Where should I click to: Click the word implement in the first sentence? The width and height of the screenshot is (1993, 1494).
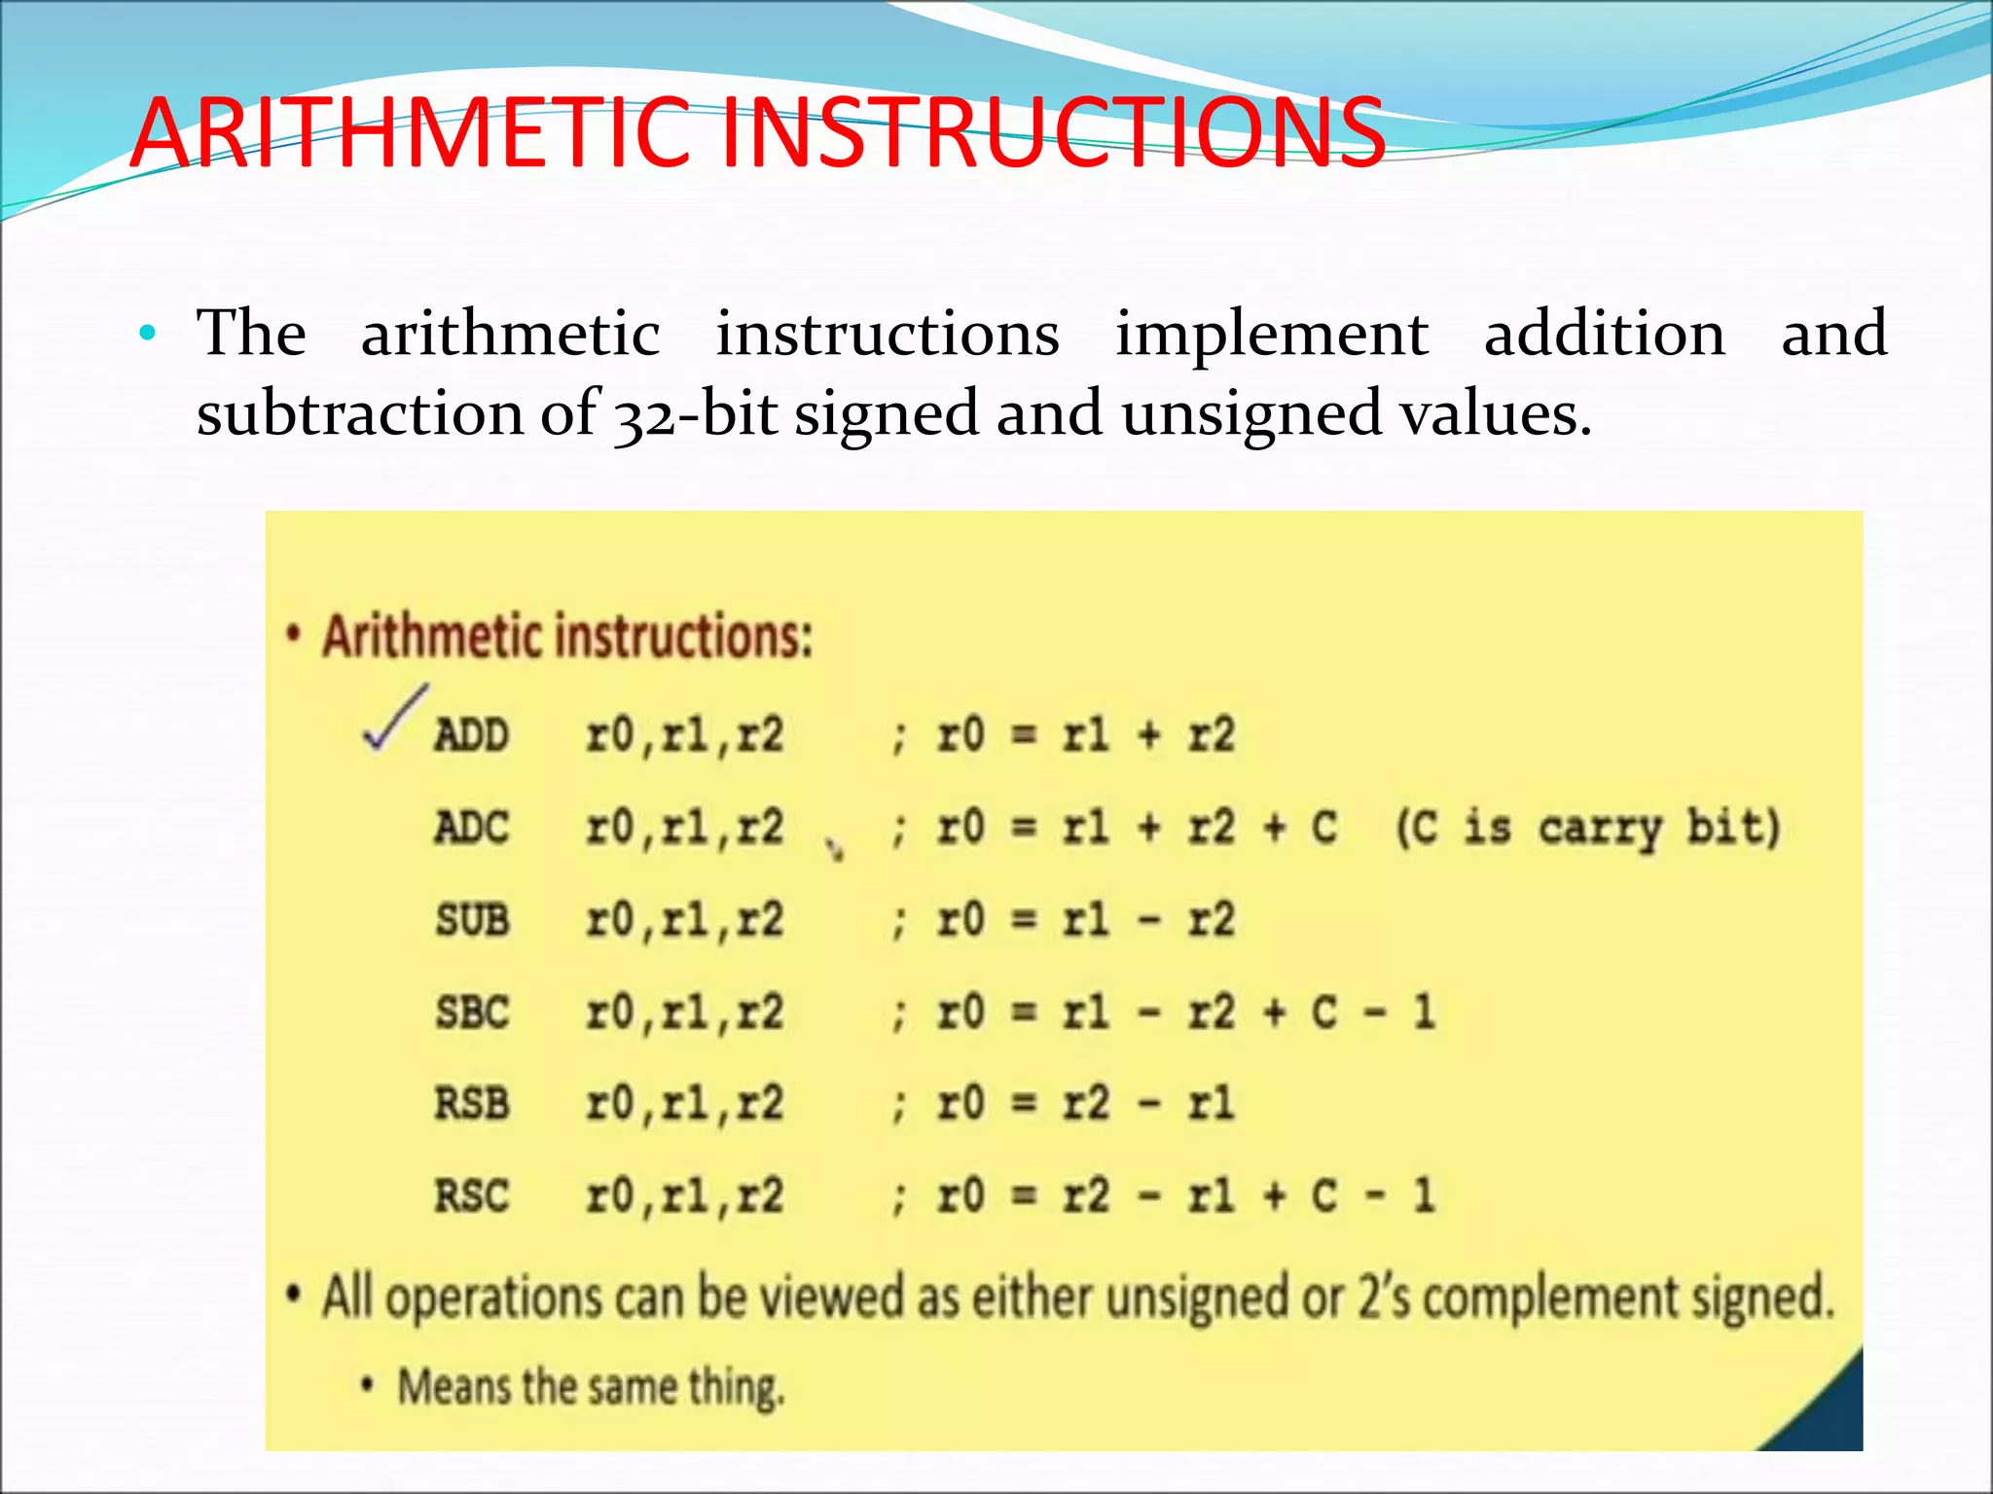pyautogui.click(x=1271, y=334)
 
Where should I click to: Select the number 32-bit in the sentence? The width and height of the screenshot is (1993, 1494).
pyautogui.click(x=695, y=413)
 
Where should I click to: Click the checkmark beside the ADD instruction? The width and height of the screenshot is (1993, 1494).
pyautogui.click(x=394, y=720)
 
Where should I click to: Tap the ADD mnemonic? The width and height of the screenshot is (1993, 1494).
pyautogui.click(x=472, y=735)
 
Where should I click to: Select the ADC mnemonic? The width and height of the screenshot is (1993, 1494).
pyautogui.click(x=472, y=828)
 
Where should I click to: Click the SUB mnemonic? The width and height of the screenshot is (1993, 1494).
pyautogui.click(x=472, y=920)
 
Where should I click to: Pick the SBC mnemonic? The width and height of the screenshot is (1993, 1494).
pyautogui.click(x=472, y=1013)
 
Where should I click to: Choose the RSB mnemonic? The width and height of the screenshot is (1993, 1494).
pyautogui.click(x=472, y=1104)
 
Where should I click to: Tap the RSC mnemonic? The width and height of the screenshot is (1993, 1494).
pyautogui.click(x=472, y=1196)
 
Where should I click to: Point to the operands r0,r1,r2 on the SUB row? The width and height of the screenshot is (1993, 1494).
pyautogui.click(x=684, y=920)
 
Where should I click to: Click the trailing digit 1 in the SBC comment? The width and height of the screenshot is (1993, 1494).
pyautogui.click(x=1424, y=1013)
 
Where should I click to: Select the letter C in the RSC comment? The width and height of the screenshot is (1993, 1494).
pyautogui.click(x=1323, y=1196)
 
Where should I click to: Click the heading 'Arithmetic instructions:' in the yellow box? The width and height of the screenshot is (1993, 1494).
pyautogui.click(x=566, y=637)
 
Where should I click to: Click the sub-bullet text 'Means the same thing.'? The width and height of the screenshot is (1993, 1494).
pyautogui.click(x=591, y=1387)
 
